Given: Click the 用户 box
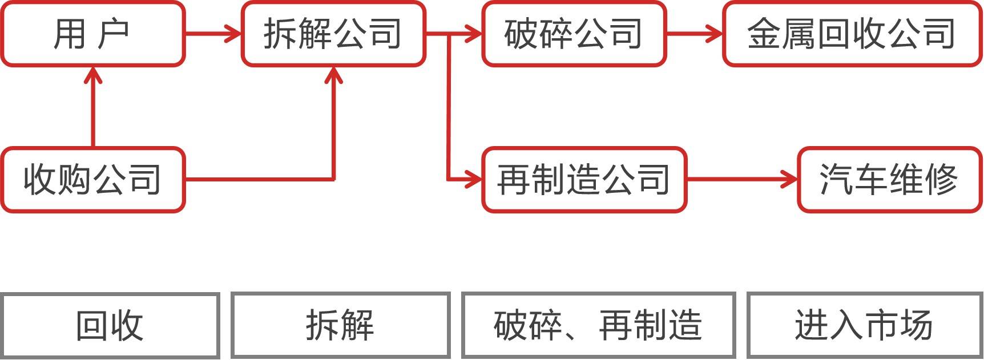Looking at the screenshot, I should coord(92,34).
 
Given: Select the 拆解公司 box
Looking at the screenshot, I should coord(333,34).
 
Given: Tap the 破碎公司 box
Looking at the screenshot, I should coord(574,34).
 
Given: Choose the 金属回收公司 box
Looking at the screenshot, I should coord(852,34).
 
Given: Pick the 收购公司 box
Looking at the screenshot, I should coord(92,180).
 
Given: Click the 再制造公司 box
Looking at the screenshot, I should coord(583,180).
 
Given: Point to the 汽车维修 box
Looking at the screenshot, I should coord(889,180).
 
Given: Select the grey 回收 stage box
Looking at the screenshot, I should coord(110,326).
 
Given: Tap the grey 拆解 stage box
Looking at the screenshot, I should coord(340,326).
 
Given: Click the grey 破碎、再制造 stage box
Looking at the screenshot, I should coord(598,326).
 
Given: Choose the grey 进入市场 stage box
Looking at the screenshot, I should coord(864,326).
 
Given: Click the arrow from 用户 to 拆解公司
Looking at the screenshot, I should coord(213,34).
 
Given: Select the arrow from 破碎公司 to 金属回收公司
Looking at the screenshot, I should coord(694,34).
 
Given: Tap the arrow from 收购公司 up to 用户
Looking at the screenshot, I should coord(93,108).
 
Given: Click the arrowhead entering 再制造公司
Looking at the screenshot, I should coord(474,180).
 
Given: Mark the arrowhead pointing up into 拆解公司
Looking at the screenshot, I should coord(333,76).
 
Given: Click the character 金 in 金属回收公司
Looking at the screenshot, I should coord(764,34).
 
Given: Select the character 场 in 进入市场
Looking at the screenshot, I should coord(916,326).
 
